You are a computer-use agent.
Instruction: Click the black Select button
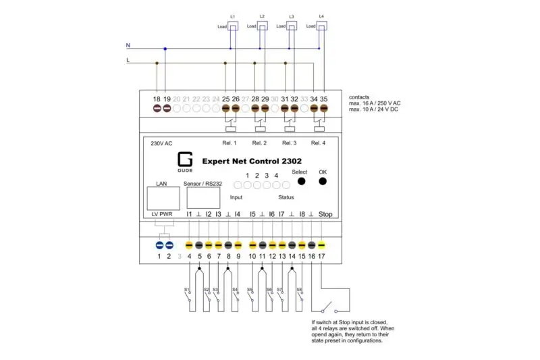pyautogui.click(x=301, y=181)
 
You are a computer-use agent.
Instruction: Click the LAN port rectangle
pyautogui.click(x=163, y=197)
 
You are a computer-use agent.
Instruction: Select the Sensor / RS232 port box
pyautogui.click(x=203, y=197)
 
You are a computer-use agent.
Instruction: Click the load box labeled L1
pyautogui.click(x=232, y=26)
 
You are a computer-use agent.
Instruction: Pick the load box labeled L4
pyautogui.click(x=321, y=26)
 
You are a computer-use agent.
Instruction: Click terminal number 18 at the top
pyautogui.click(x=157, y=99)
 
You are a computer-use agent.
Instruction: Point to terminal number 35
pyautogui.click(x=323, y=99)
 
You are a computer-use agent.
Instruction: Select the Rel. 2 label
pyautogui.click(x=259, y=143)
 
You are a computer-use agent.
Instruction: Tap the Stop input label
pyautogui.click(x=325, y=214)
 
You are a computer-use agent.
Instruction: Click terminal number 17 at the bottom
pyautogui.click(x=321, y=256)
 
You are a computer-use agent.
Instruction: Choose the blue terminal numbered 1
pyautogui.click(x=160, y=256)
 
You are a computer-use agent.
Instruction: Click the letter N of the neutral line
pyautogui.click(x=128, y=46)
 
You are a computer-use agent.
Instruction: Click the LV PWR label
pyautogui.click(x=163, y=214)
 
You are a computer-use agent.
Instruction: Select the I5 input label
pyautogui.click(x=252, y=214)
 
